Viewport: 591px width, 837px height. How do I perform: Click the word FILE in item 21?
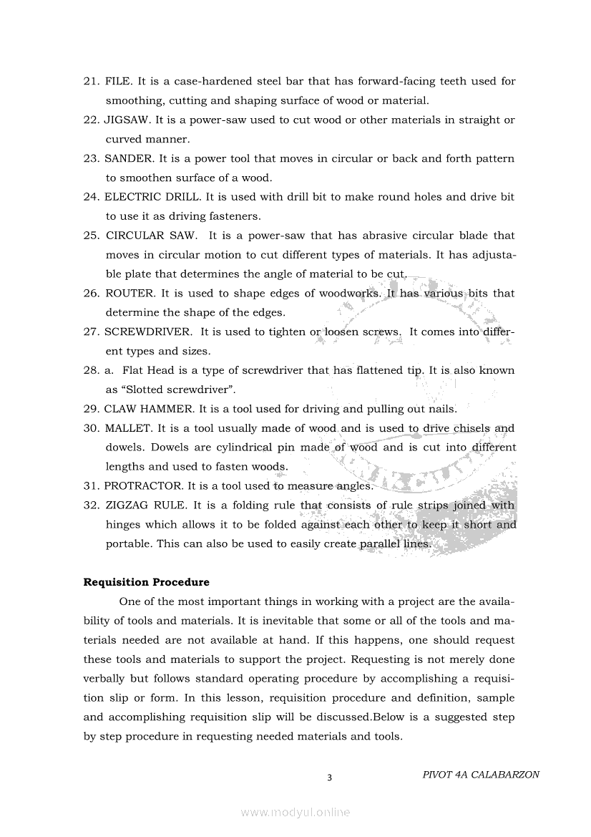click(117, 82)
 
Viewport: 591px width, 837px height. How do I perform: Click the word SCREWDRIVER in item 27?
click(148, 332)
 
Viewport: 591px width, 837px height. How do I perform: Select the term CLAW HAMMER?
click(149, 410)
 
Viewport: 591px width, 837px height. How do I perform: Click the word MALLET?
click(128, 429)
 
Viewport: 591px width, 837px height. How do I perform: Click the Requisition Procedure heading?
click(146, 582)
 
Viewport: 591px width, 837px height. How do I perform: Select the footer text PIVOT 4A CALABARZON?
click(481, 775)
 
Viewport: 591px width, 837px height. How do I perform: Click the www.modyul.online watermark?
click(295, 813)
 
